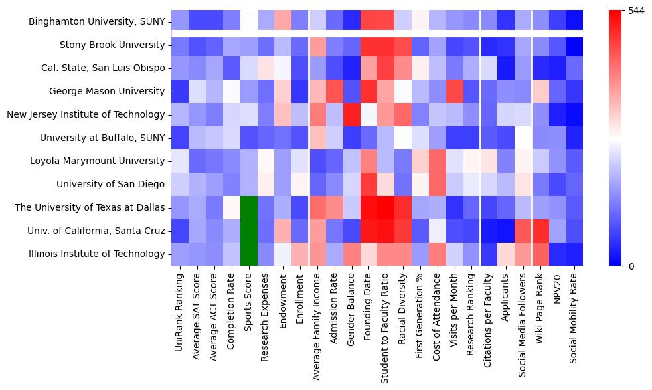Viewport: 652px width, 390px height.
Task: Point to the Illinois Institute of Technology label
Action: coord(96,254)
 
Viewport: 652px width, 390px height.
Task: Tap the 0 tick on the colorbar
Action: coord(631,266)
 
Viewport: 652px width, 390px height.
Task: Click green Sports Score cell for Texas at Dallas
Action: coord(248,207)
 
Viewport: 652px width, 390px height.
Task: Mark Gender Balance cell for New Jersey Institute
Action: coord(351,114)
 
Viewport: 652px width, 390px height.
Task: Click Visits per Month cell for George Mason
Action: coord(454,91)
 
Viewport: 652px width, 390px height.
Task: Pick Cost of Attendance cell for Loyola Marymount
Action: coord(437,161)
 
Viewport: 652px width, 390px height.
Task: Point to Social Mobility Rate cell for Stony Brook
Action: coord(574,45)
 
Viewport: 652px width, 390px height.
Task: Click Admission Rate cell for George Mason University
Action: coord(334,91)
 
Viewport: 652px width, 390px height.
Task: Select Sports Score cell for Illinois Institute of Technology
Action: coord(248,254)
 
